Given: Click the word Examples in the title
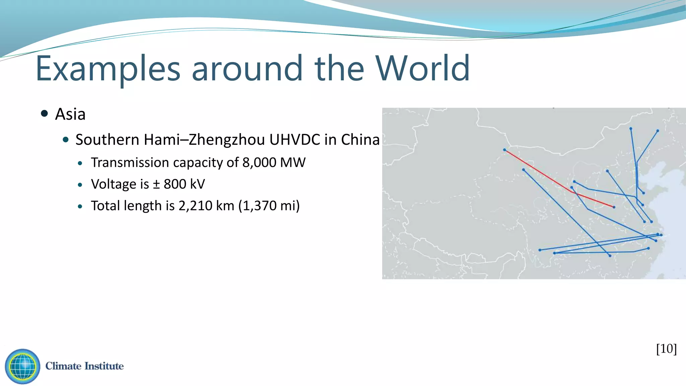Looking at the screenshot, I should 108,69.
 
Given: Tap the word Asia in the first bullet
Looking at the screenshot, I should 70,114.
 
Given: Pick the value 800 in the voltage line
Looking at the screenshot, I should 175,184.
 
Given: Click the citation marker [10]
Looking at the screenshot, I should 666,349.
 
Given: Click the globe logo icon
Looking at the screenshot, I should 22,366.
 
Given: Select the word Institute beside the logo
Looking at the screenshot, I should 104,366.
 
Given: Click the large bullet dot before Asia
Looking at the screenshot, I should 44,113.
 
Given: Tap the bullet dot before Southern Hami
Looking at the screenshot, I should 66,139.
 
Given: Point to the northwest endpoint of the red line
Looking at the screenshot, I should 505,150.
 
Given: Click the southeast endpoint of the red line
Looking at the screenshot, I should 614,207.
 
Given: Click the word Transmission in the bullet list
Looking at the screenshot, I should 130,163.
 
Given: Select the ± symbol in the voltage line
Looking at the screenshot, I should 156,184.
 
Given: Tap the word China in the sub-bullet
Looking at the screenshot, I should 360,140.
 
